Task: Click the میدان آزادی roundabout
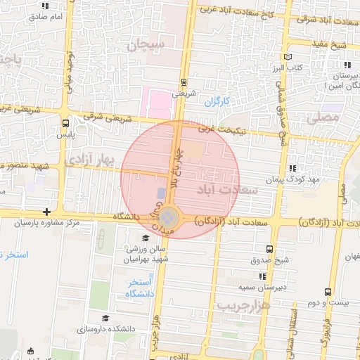pos(169,217)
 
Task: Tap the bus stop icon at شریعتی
pos(184,81)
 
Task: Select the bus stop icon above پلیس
pos(65,122)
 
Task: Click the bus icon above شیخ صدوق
pos(270,249)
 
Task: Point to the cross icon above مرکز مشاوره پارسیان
pos(46,212)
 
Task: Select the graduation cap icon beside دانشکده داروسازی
pos(105,319)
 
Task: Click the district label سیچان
pos(146,46)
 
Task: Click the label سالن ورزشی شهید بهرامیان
pos(147,254)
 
